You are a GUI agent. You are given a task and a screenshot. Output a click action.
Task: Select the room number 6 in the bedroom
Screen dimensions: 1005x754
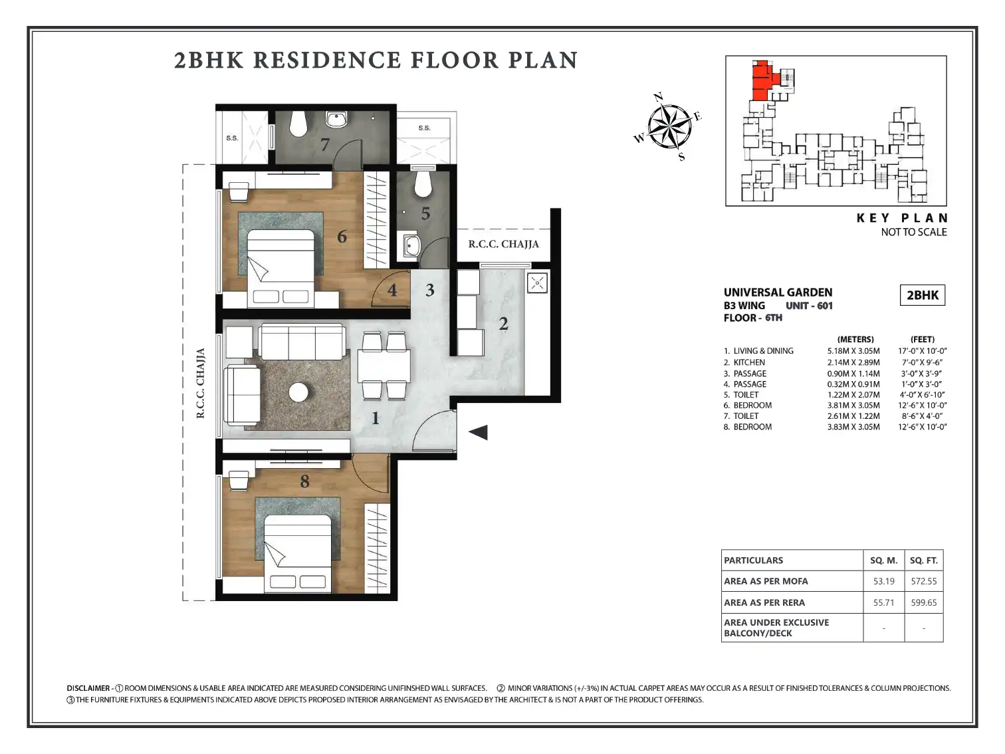click(342, 237)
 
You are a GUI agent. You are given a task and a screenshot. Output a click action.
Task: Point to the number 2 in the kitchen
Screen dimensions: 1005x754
click(504, 324)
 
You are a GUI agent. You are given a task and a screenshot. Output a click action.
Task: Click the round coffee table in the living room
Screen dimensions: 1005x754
click(298, 392)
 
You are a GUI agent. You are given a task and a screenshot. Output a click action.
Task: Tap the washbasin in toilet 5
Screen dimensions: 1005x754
click(411, 246)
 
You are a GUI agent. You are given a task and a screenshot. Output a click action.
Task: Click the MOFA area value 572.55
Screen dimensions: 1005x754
click(923, 581)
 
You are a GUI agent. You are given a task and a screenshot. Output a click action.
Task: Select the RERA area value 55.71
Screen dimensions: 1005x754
click(883, 602)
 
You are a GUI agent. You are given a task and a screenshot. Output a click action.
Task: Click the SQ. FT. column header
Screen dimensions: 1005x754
click(923, 561)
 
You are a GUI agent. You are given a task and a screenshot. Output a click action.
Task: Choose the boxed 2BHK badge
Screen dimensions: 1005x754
click(923, 295)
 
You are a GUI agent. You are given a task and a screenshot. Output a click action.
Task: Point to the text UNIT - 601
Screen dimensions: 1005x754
click(809, 306)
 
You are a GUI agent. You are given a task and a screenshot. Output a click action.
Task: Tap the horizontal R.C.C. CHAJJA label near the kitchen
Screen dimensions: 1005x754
click(504, 244)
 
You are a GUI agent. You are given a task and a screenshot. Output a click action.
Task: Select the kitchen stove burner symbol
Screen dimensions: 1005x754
click(537, 283)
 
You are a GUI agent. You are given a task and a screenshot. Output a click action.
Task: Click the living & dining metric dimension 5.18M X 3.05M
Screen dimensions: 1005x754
click(853, 351)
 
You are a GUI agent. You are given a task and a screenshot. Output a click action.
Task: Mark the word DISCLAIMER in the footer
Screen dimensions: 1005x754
click(88, 688)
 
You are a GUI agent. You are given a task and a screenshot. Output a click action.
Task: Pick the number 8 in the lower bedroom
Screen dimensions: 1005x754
click(304, 481)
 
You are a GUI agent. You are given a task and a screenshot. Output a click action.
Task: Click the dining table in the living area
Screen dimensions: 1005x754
click(384, 365)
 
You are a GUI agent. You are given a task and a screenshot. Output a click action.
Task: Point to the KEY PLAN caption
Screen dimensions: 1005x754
click(902, 218)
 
